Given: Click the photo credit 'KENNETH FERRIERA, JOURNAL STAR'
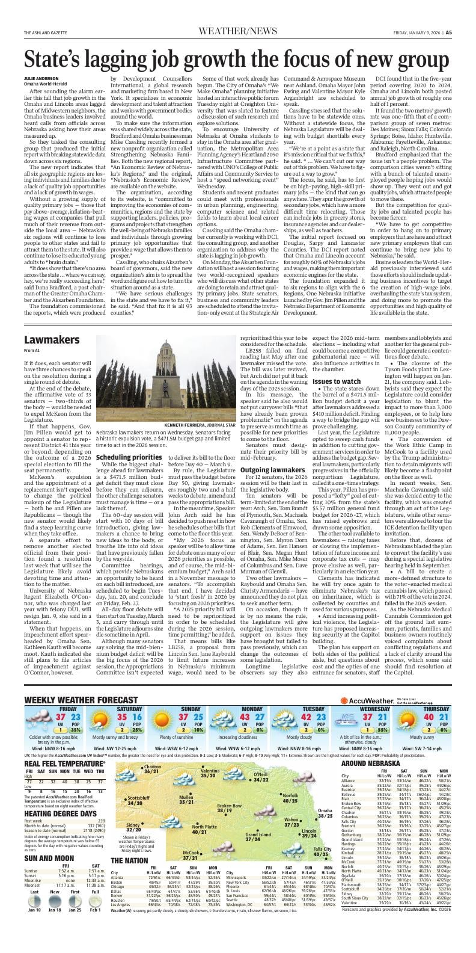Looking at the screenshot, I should click(x=198, y=441).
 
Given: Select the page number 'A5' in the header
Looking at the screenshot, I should click(x=465, y=32).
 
